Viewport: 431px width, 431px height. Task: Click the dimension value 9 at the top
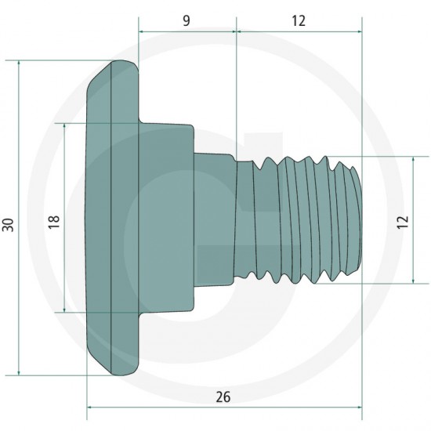tap(187, 20)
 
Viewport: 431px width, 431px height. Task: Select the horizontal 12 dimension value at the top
tap(299, 20)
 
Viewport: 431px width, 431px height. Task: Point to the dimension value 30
tap(8, 225)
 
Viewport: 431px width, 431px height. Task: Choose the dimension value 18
tap(54, 222)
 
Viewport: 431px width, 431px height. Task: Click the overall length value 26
tap(223, 397)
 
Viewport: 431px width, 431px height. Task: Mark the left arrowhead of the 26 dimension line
tap(89, 407)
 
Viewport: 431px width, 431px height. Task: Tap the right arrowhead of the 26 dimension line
tap(360, 407)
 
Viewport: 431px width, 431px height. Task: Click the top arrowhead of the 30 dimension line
tap(19, 63)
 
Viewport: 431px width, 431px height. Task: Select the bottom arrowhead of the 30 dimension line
tap(19, 373)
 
